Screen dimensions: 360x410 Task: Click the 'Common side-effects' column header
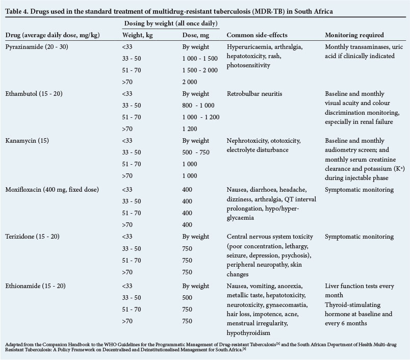click(x=258, y=35)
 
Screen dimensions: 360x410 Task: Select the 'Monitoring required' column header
click(x=355, y=35)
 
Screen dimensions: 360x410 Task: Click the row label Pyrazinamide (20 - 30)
click(x=36, y=47)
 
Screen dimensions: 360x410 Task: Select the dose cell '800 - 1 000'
click(x=200, y=106)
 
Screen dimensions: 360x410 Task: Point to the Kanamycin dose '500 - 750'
click(x=196, y=152)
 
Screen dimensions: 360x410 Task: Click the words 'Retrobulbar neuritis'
click(x=254, y=94)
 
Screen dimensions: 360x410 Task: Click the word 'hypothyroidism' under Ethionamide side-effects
click(x=250, y=333)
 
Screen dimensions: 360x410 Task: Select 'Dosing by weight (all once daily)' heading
click(x=171, y=24)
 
